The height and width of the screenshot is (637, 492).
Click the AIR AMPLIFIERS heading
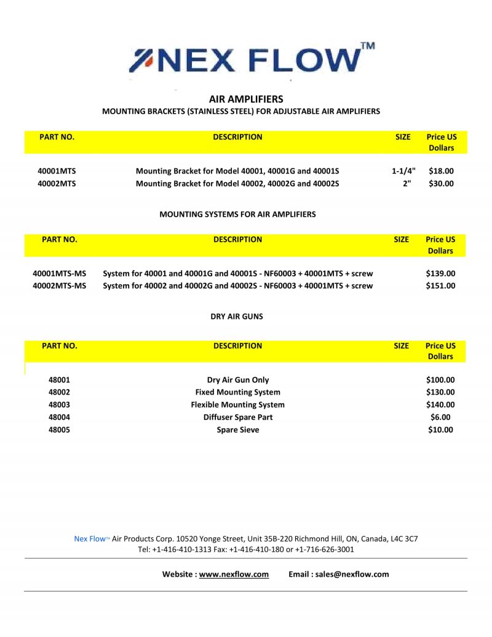pyautogui.click(x=246, y=98)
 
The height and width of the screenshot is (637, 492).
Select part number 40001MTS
pyautogui.click(x=57, y=171)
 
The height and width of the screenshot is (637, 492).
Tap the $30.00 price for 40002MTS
pyautogui.click(x=441, y=183)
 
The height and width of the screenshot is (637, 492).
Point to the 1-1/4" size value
pyautogui.click(x=403, y=171)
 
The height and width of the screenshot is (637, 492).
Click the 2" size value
pyautogui.click(x=407, y=183)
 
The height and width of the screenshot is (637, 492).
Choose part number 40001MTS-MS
pyautogui.click(x=59, y=273)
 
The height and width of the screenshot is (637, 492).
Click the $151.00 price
pyautogui.click(x=440, y=286)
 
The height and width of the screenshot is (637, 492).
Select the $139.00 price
pyautogui.click(x=440, y=273)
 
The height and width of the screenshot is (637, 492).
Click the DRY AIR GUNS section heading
pyautogui.click(x=237, y=316)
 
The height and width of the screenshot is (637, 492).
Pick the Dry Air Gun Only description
pyautogui.click(x=238, y=380)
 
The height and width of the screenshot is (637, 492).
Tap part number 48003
pyautogui.click(x=59, y=404)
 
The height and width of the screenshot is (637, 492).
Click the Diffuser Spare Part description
pyautogui.click(x=238, y=417)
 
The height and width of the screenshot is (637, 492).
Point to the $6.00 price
pyautogui.click(x=440, y=417)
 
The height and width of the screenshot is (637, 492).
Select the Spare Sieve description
pyautogui.click(x=238, y=430)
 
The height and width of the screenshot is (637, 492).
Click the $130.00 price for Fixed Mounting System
pyautogui.click(x=440, y=392)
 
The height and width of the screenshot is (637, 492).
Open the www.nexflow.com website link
pyautogui.click(x=234, y=574)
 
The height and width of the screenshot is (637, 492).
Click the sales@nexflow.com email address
pyautogui.click(x=352, y=574)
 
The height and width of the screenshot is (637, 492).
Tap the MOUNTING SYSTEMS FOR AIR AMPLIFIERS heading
pyautogui.click(x=237, y=215)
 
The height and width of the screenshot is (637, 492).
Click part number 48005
pyautogui.click(x=59, y=430)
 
